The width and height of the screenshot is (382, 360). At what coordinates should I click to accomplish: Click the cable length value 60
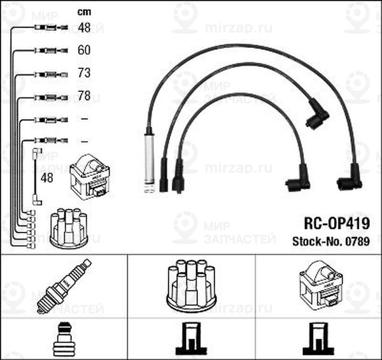84,50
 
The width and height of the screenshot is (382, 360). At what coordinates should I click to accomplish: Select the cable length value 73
84,74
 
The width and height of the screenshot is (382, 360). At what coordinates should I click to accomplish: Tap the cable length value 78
84,97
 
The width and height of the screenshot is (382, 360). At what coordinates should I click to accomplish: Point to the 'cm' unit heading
83,11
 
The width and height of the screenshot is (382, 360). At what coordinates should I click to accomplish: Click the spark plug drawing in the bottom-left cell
64,286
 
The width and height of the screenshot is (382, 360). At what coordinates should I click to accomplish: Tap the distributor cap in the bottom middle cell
191,284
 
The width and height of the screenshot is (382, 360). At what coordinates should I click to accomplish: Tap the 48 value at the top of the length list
84,27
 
